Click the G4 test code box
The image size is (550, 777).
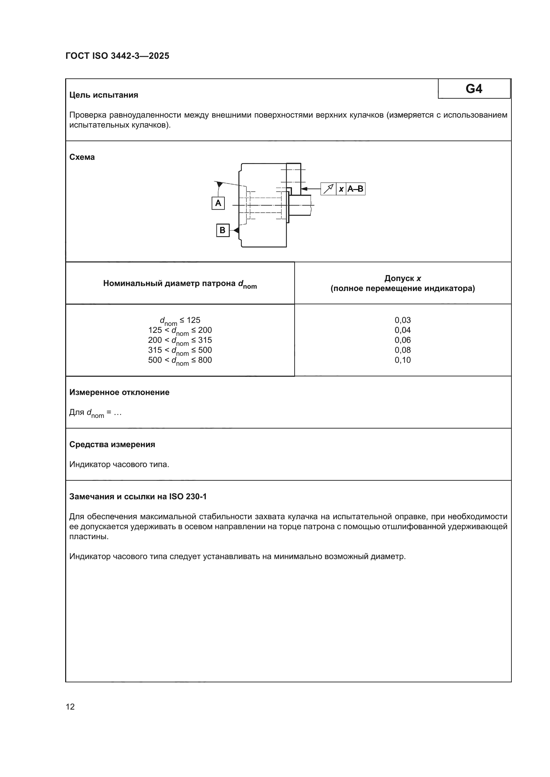pyautogui.click(x=474, y=89)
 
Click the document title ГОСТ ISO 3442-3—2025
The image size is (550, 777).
pyautogui.click(x=117, y=56)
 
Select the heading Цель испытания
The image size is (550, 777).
pyautogui.click(x=104, y=95)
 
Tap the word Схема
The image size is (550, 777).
pyautogui.click(x=82, y=157)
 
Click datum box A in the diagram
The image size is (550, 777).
pyautogui.click(x=218, y=203)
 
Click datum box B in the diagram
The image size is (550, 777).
pyautogui.click(x=222, y=231)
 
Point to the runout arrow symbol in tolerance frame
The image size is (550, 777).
pyautogui.click(x=328, y=189)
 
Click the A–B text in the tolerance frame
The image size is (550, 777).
pyautogui.click(x=355, y=189)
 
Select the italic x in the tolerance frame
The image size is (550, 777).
pyautogui.click(x=341, y=189)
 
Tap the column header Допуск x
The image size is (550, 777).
pyautogui.click(x=403, y=278)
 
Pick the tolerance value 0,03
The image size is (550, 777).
pyautogui.click(x=403, y=320)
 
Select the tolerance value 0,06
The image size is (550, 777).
pyautogui.click(x=403, y=340)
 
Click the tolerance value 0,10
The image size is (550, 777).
pyautogui.click(x=403, y=360)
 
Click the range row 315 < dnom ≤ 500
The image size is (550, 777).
pyautogui.click(x=180, y=350)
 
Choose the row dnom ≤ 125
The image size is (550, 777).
pyautogui.click(x=180, y=321)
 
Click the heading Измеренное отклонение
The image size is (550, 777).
pyautogui.click(x=119, y=392)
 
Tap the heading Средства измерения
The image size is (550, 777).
pyautogui.click(x=112, y=444)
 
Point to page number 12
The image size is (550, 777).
pyautogui.click(x=70, y=707)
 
